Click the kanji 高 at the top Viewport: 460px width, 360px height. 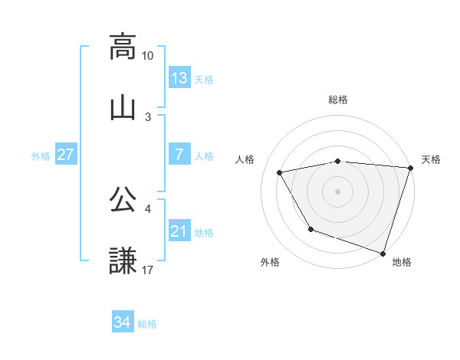point(123,47)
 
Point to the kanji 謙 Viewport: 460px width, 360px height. point(123,260)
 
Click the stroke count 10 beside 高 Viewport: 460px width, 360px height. point(148,56)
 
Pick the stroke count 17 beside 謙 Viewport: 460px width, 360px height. point(148,270)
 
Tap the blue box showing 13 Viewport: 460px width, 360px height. point(179,77)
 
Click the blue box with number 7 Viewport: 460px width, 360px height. point(179,155)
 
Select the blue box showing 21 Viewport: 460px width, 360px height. point(179,231)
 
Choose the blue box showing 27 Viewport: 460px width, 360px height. point(66,155)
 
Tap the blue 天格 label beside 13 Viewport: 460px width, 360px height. point(204,79)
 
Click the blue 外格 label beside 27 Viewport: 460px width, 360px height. point(41,156)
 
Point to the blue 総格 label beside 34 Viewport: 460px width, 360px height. point(147,324)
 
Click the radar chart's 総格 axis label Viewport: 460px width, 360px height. point(338,100)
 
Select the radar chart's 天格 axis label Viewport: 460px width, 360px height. point(431,159)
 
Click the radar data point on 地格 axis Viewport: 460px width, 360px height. point(383,253)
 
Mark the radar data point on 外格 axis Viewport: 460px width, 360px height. point(310,229)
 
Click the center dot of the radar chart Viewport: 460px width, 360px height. point(338,191)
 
